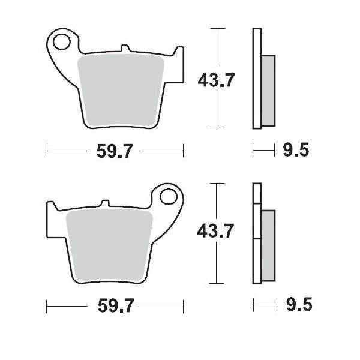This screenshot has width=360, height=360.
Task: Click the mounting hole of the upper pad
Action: (x=61, y=41)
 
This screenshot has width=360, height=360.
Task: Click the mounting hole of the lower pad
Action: (x=169, y=197)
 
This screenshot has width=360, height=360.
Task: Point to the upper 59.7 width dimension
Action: (x=114, y=151)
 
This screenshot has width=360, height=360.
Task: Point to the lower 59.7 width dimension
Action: (x=114, y=306)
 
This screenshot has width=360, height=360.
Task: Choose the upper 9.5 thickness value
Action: (x=296, y=150)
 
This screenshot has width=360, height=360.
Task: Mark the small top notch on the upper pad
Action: (x=124, y=47)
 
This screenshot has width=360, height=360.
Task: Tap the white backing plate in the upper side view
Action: (x=257, y=78)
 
